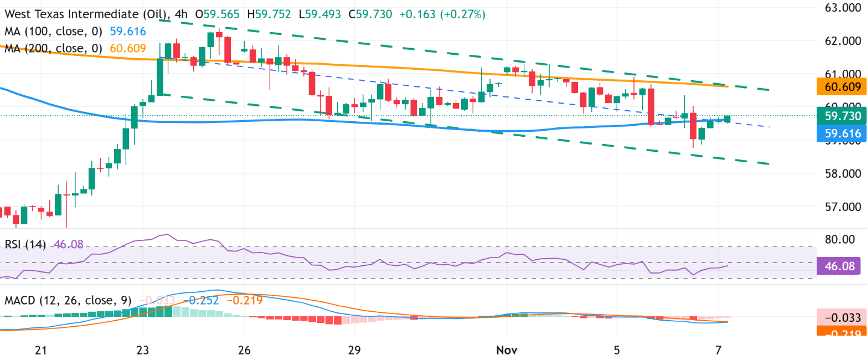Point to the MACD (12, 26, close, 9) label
click(x=68, y=301)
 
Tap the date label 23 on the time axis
click(x=143, y=350)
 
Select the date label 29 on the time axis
click(x=354, y=350)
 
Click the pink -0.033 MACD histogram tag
click(x=842, y=318)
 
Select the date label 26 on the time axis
click(x=244, y=350)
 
